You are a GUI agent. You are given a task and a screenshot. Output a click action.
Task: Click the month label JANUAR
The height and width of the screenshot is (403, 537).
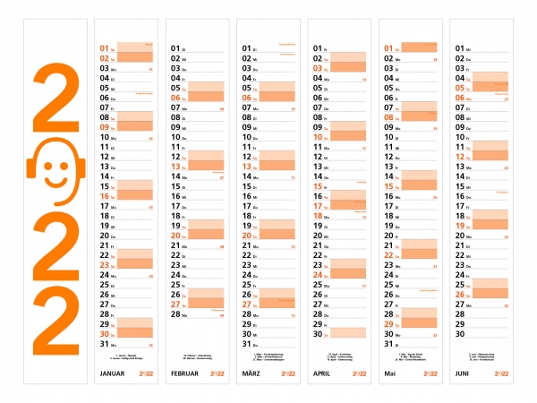pyautogui.click(x=112, y=373)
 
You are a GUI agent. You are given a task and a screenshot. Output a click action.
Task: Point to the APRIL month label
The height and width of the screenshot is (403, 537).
pyautogui.click(x=323, y=373)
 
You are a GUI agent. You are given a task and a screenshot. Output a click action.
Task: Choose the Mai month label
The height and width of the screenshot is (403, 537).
pyautogui.click(x=390, y=373)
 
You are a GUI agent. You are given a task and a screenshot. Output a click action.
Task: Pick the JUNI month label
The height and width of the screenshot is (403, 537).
pyautogui.click(x=462, y=373)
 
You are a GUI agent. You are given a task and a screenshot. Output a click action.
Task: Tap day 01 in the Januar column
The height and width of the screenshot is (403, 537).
pyautogui.click(x=104, y=48)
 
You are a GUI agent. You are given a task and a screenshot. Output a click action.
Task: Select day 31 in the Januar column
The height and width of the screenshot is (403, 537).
pyautogui.click(x=104, y=343)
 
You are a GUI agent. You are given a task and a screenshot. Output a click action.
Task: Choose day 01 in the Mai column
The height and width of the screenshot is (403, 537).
pyautogui.click(x=389, y=48)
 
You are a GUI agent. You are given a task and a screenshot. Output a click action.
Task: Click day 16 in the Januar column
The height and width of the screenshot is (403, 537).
pyautogui.click(x=104, y=196)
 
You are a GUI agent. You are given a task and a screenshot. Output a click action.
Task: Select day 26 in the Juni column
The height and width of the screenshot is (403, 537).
pyautogui.click(x=461, y=294)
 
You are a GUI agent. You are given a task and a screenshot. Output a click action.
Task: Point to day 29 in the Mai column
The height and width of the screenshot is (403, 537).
pyautogui.click(x=389, y=323)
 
